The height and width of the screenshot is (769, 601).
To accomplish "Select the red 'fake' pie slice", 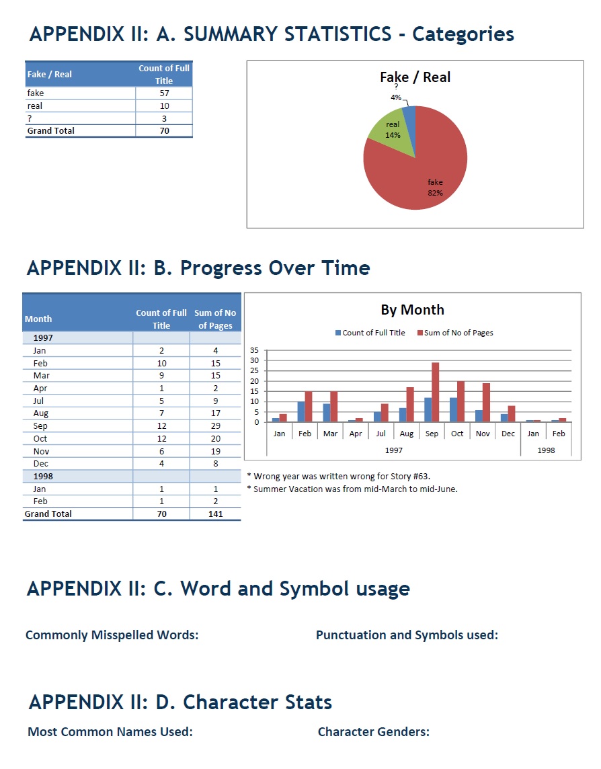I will coord(430,175).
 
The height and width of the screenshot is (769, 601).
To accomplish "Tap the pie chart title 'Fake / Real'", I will coord(415,77).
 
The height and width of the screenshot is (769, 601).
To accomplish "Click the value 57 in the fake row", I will coord(164,93).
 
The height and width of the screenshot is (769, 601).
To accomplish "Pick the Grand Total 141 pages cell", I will coord(215,514).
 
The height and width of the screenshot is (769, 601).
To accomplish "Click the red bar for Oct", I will coord(461,401).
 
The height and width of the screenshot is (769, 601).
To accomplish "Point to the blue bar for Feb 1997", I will coord(301,411).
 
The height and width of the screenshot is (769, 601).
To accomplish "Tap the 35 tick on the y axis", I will coord(254,350).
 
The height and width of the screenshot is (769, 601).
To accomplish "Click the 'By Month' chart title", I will coord(412,310).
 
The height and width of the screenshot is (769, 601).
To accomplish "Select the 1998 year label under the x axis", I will coord(546,450).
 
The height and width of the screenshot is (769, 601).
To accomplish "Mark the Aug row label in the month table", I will coord(40,413).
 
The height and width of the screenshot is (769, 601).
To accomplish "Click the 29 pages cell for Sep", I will coord(215,426).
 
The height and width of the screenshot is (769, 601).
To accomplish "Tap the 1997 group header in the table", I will coord(43,338).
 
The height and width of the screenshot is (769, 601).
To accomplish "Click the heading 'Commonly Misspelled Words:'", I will coord(112,635).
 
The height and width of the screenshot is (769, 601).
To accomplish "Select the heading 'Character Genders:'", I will coord(373,732).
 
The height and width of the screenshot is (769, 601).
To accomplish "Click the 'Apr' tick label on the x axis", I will coord(356,434).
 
